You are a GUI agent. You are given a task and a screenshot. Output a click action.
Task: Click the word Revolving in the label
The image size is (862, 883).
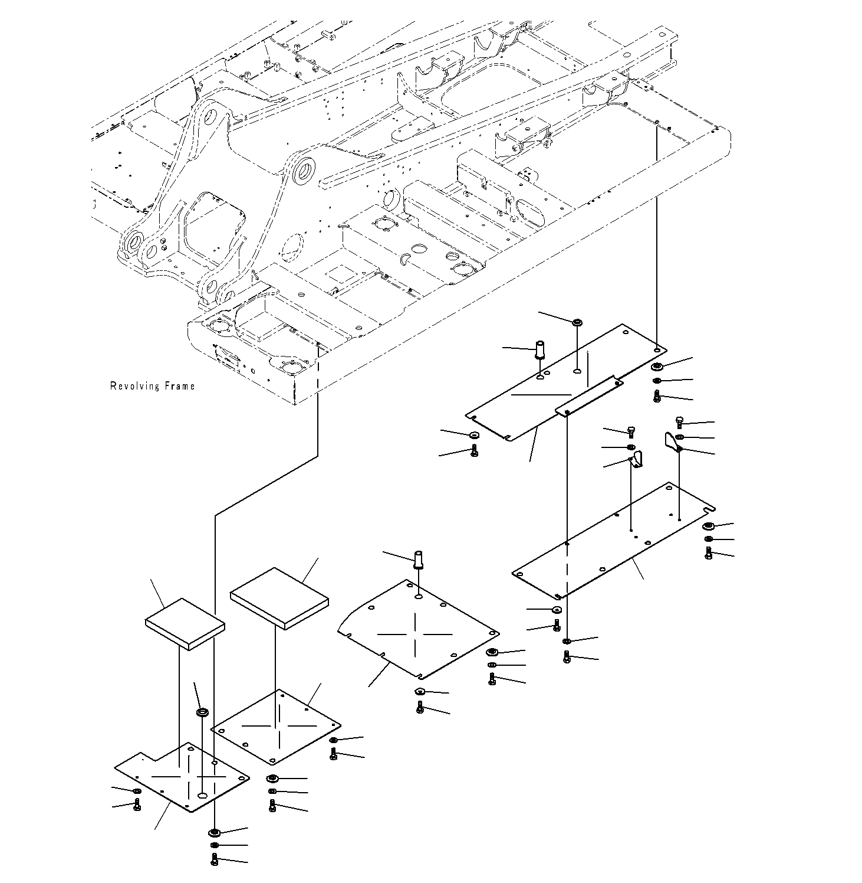(x=135, y=386)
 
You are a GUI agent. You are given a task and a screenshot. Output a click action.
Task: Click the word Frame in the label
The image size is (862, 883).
(x=179, y=386)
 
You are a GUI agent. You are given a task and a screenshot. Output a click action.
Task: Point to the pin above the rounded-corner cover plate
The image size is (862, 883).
(x=419, y=558)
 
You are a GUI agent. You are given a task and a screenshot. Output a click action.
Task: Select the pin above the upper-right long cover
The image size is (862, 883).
(x=539, y=349)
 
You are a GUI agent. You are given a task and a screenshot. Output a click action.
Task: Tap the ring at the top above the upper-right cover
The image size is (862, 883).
(x=577, y=322)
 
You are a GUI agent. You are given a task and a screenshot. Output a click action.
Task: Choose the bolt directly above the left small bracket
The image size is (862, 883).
(x=631, y=431)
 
